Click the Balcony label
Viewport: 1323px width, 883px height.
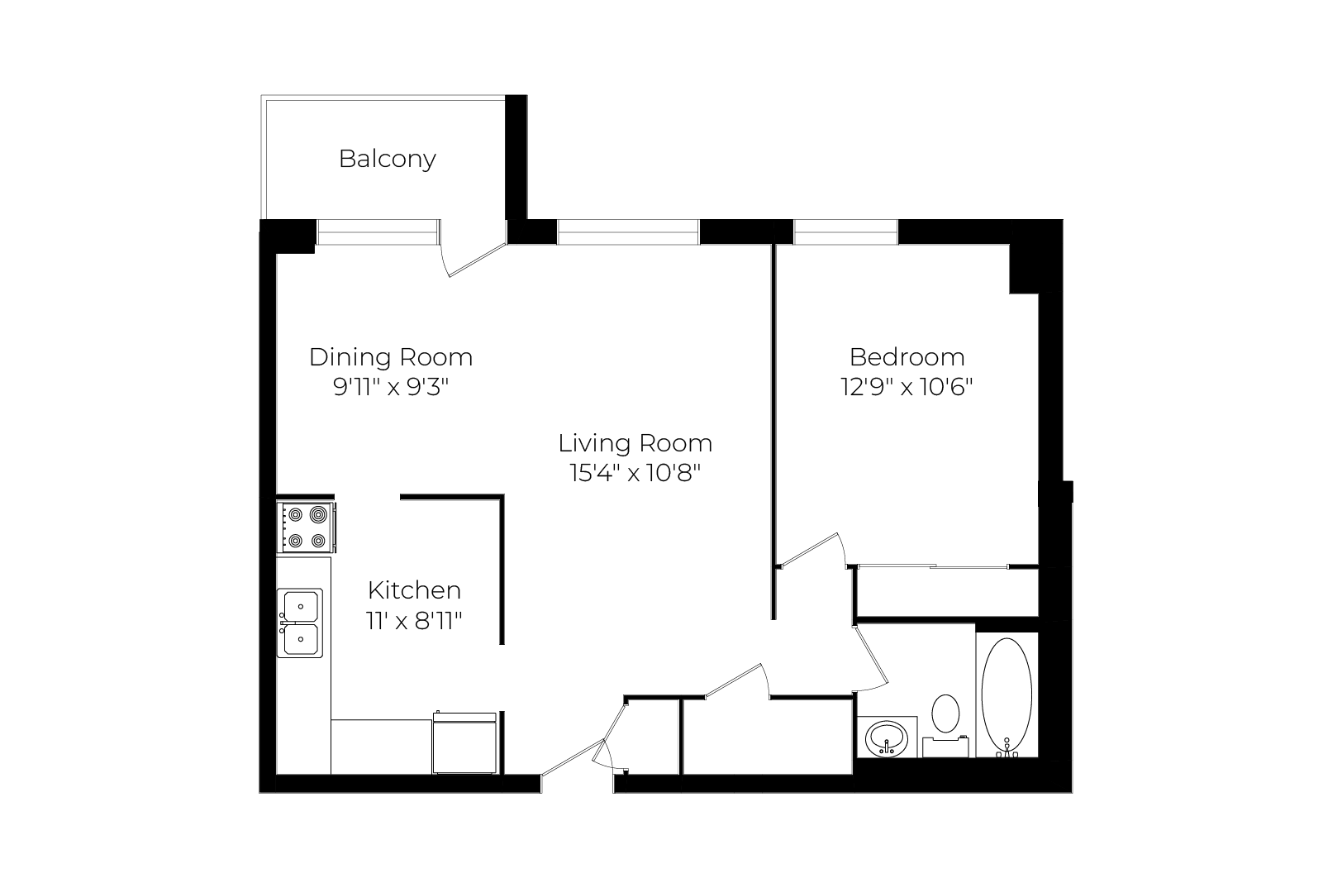[x=387, y=159]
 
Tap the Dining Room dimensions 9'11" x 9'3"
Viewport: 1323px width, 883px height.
[x=391, y=387]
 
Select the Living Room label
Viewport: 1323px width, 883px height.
[x=635, y=443]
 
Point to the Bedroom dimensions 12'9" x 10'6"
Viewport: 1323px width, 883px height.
[x=907, y=387]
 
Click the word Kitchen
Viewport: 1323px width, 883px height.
[x=414, y=589]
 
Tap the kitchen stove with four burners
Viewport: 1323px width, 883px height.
[x=307, y=527]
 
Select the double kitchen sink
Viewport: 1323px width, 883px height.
[x=300, y=623]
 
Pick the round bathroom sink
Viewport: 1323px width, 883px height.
[x=887, y=738]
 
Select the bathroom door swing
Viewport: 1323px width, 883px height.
[x=872, y=658]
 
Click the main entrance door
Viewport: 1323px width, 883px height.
[x=572, y=757]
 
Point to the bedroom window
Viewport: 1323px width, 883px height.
[x=845, y=231]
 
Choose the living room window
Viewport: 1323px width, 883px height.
[x=628, y=231]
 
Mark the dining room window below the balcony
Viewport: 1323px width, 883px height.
[x=378, y=231]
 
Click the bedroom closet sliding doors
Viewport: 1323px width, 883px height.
[x=933, y=566]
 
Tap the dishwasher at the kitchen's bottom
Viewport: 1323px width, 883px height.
[x=464, y=742]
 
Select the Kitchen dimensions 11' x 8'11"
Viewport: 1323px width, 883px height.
[x=414, y=621]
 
